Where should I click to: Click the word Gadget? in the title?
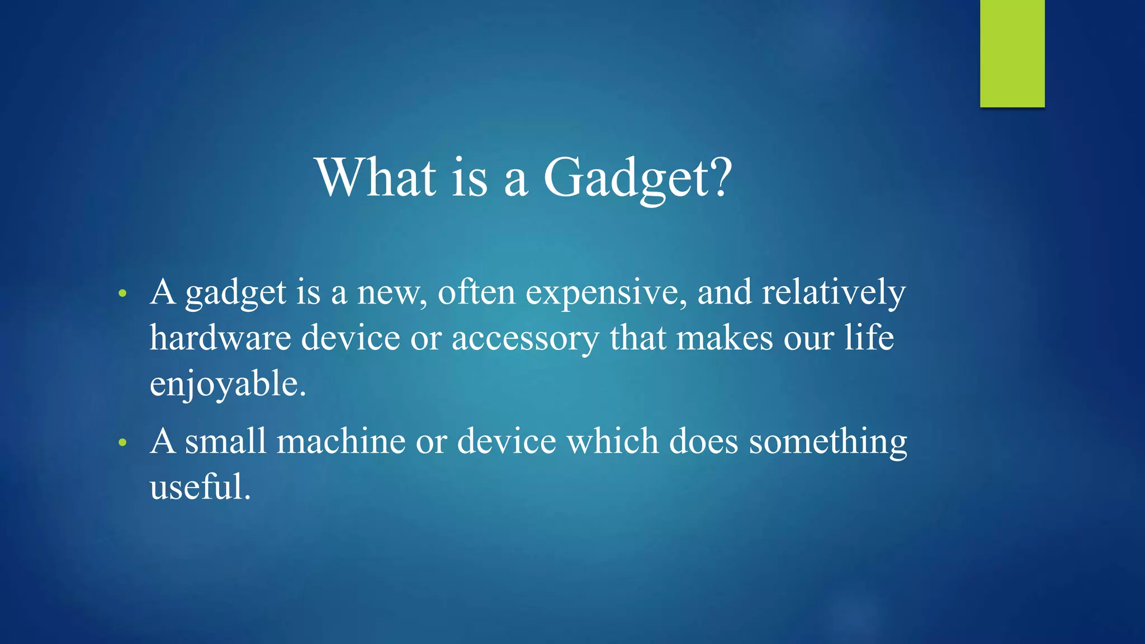click(637, 178)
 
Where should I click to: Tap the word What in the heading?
click(376, 178)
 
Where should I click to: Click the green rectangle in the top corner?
click(1012, 53)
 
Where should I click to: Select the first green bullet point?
click(122, 293)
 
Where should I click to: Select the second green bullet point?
click(122, 443)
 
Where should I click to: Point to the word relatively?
click(833, 293)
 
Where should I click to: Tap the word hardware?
click(220, 339)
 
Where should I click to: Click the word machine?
click(341, 442)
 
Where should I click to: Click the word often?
click(476, 293)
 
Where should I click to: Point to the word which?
click(613, 442)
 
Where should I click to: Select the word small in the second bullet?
click(226, 442)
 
